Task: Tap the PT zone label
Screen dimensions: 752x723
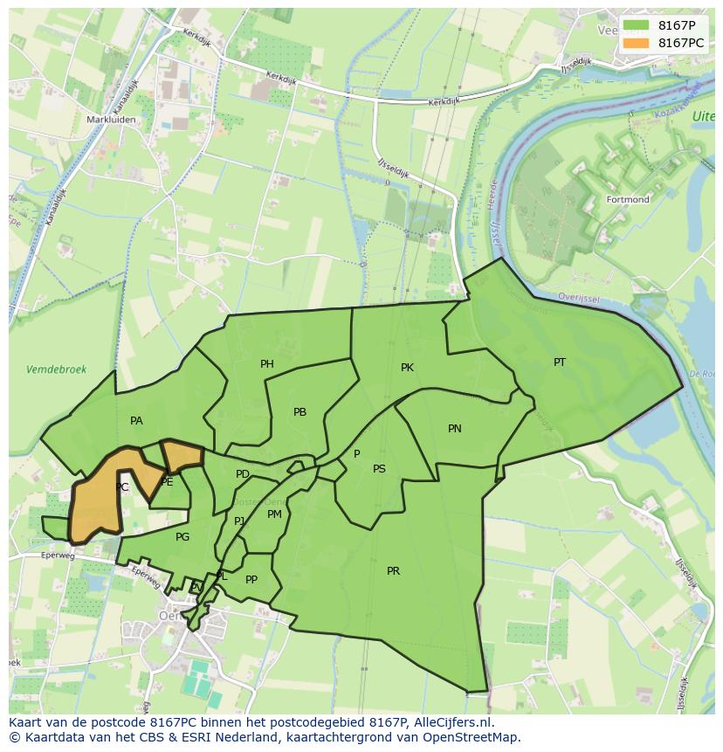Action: coord(560,362)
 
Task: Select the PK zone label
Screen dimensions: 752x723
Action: coord(407,368)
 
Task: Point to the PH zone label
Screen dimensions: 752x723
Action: coord(267,364)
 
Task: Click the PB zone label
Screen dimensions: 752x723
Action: coord(300,412)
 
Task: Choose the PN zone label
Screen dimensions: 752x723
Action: coord(455,428)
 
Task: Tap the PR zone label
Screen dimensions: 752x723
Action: coord(393,571)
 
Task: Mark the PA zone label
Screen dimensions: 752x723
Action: coord(136,421)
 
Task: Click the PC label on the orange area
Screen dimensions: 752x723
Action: coord(122,487)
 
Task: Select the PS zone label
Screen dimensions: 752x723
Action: coord(379,469)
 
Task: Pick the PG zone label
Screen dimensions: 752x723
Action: coord(182,537)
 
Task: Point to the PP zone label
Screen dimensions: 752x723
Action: coord(251,579)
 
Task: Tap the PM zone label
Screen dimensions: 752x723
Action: coord(274,514)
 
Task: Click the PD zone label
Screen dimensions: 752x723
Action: coord(243,474)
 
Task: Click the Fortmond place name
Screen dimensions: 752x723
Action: coord(628,200)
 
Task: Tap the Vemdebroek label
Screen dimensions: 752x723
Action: coord(57,369)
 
